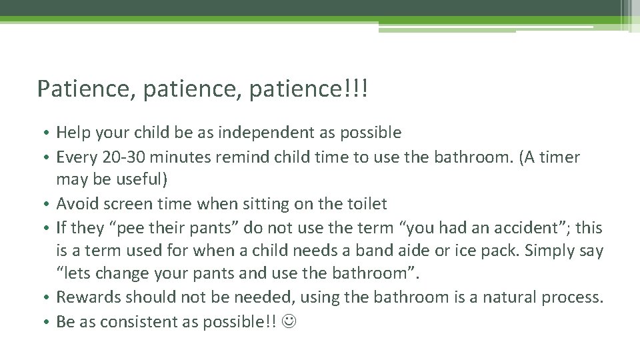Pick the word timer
(560, 157)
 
